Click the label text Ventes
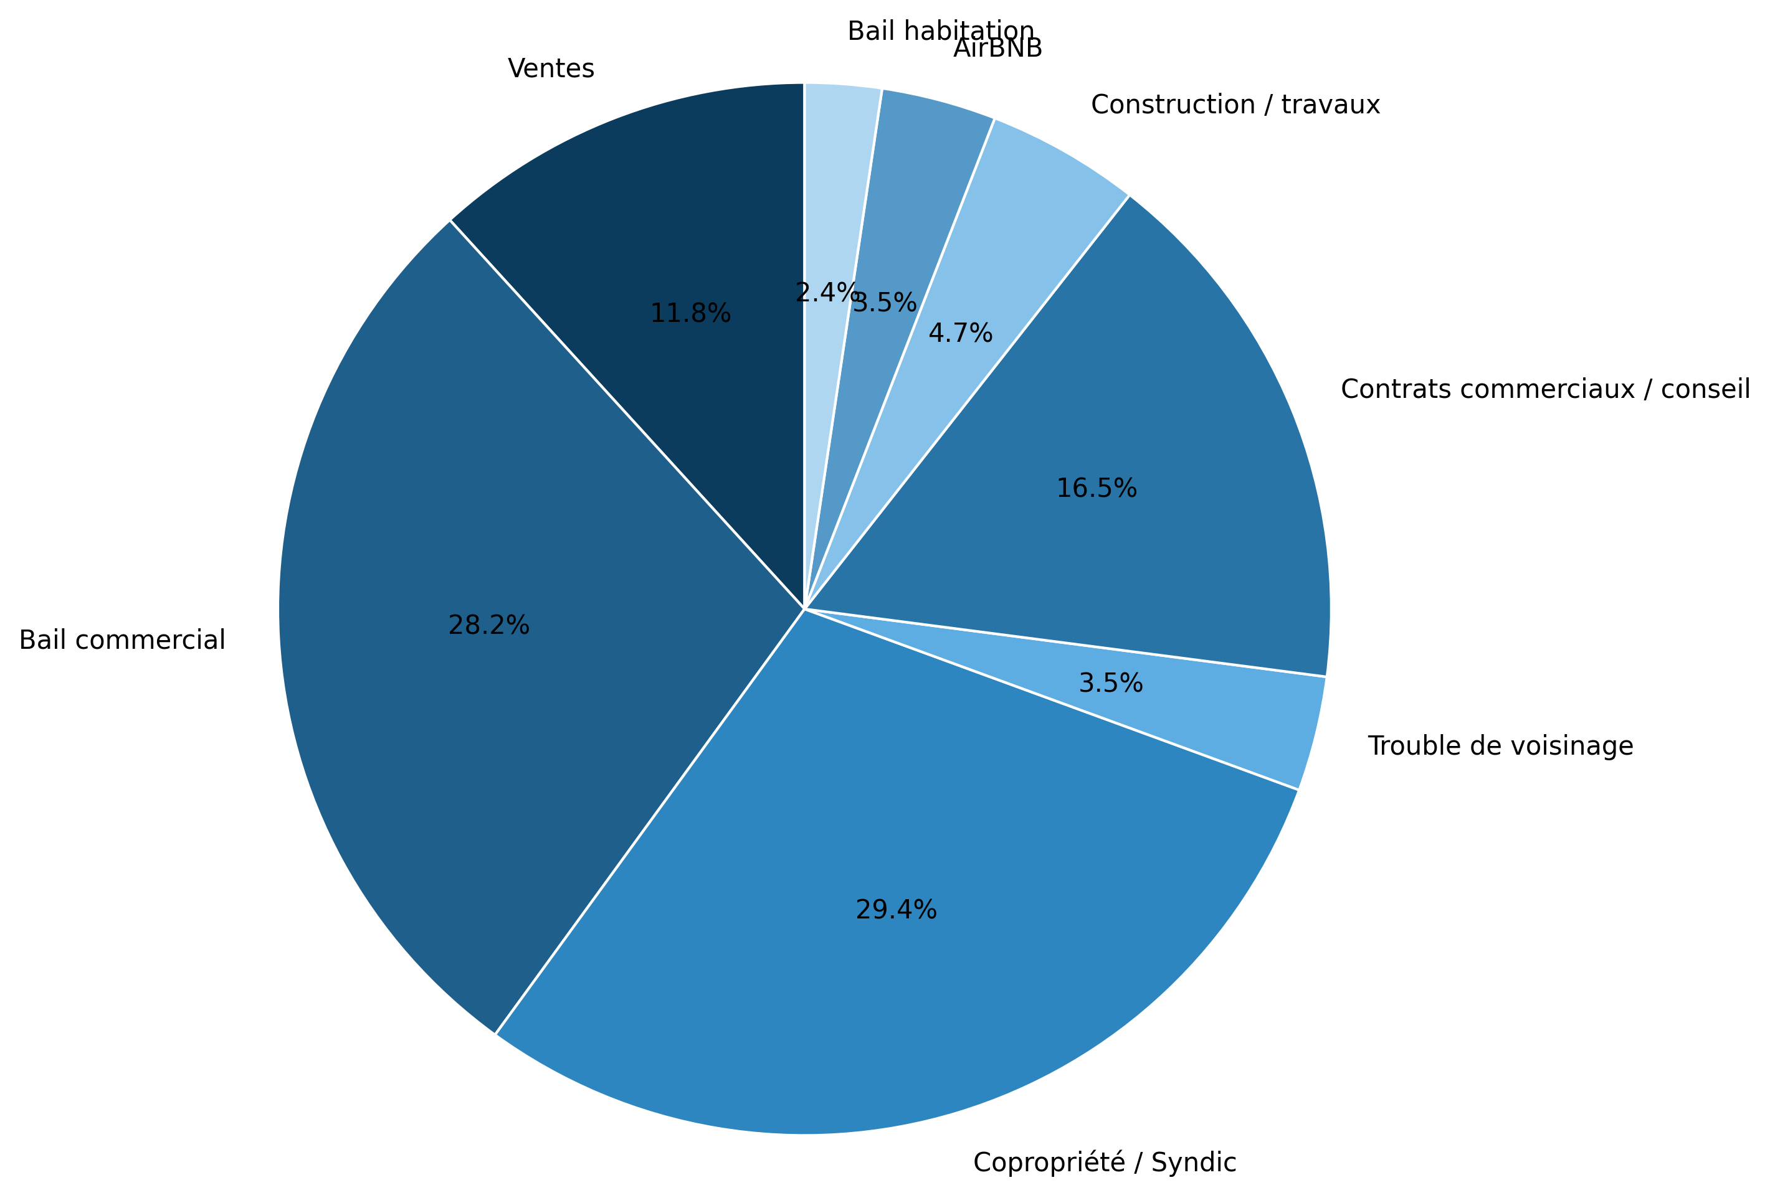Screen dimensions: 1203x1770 (551, 69)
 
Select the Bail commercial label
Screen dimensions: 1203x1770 (122, 640)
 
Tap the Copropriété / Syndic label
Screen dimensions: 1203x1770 (1105, 1163)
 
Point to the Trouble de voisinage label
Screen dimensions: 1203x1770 (1500, 746)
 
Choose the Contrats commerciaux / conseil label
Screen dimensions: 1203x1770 (1545, 390)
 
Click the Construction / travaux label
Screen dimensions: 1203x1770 (1235, 105)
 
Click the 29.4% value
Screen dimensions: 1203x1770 (896, 910)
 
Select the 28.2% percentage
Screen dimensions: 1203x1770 (488, 625)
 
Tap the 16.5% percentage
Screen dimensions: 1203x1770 (1096, 488)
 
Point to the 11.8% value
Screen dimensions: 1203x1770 (690, 313)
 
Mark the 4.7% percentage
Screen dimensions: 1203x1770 (961, 333)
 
